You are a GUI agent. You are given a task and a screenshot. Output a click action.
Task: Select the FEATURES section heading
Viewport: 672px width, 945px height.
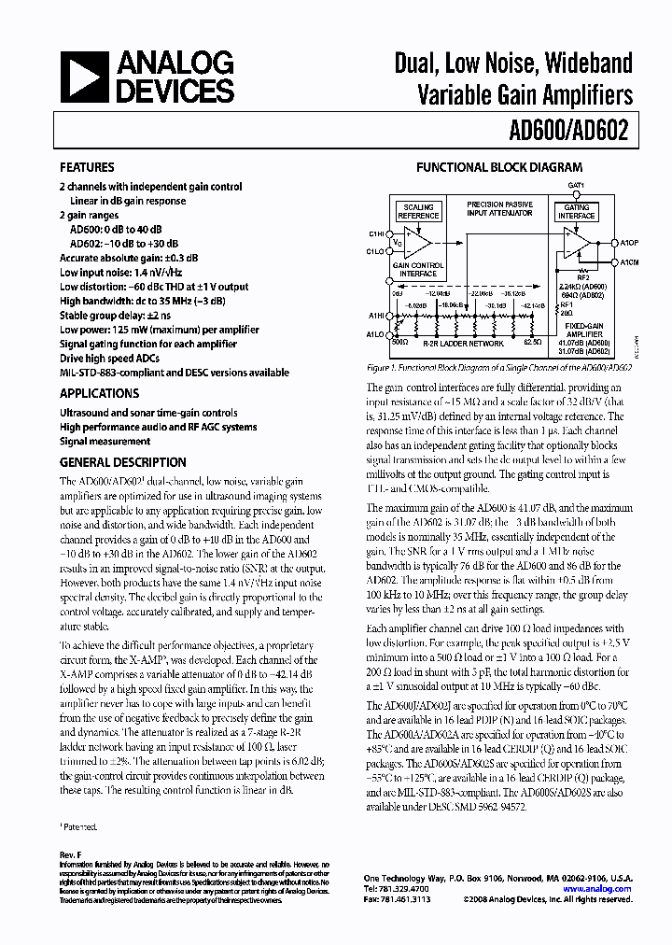coord(87,169)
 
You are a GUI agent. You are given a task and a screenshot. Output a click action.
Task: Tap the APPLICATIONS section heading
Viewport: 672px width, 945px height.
coord(99,394)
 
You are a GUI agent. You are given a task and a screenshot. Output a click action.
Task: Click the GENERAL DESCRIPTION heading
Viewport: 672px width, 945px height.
coord(122,462)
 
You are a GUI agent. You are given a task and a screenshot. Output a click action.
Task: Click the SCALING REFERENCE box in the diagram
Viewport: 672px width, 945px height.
coord(418,212)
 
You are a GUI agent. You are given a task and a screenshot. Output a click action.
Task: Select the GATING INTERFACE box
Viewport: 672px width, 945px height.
coord(576,212)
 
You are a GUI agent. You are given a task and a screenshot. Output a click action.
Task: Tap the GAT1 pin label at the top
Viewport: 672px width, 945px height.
coord(576,186)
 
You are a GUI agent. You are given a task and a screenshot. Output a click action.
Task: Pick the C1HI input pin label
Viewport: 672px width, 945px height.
coord(376,233)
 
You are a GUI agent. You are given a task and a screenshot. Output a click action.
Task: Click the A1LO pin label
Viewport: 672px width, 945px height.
coord(376,333)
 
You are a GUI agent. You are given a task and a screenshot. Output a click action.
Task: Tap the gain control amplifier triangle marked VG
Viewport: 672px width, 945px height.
coord(416,243)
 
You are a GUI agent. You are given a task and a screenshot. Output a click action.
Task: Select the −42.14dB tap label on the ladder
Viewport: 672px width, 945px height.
coord(532,304)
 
